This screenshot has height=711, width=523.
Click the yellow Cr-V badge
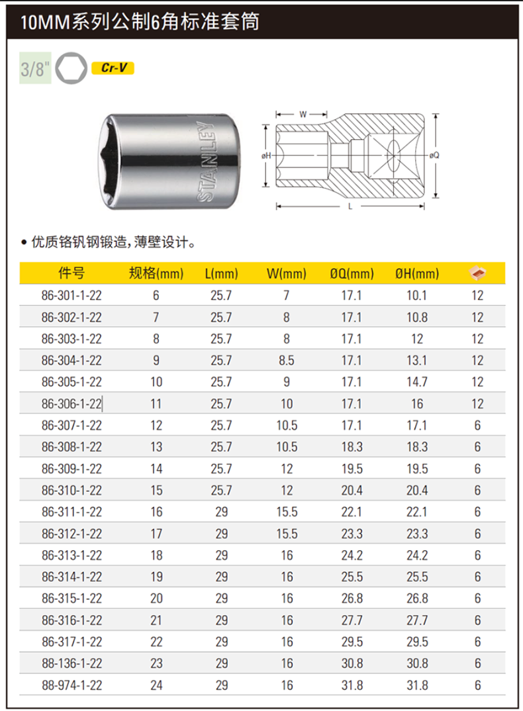point(113,68)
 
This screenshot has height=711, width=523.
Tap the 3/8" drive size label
point(35,68)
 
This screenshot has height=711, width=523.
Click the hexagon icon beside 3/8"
point(71,68)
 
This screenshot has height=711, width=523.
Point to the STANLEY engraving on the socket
point(206,162)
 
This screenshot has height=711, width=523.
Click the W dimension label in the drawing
point(303,115)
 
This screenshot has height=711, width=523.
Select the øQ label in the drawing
point(434,155)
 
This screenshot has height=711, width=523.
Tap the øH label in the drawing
point(266,156)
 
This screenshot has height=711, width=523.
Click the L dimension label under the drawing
point(350,207)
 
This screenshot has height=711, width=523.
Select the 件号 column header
point(71,273)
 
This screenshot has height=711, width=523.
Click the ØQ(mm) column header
point(352,273)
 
